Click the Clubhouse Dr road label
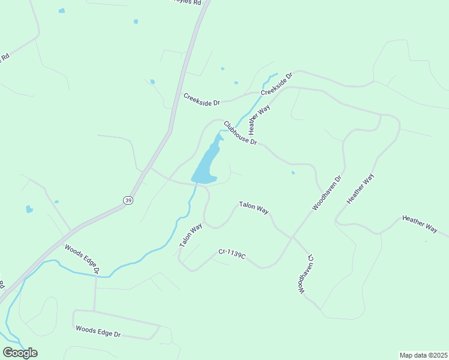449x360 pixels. pyautogui.click(x=240, y=134)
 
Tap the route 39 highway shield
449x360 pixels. pyautogui.click(x=128, y=200)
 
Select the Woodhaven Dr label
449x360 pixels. pyautogui.click(x=326, y=193)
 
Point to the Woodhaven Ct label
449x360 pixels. pyautogui.click(x=306, y=274)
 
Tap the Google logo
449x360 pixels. pyautogui.click(x=20, y=353)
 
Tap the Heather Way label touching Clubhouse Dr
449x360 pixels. pyautogui.click(x=260, y=118)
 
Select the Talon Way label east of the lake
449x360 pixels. pyautogui.click(x=253, y=207)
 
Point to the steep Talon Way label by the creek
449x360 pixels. pyautogui.click(x=191, y=236)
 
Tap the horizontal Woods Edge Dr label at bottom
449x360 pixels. pyautogui.click(x=98, y=331)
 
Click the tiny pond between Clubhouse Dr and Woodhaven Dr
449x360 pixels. pyautogui.click(x=293, y=173)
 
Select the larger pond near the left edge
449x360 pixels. pyautogui.click(x=29, y=209)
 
